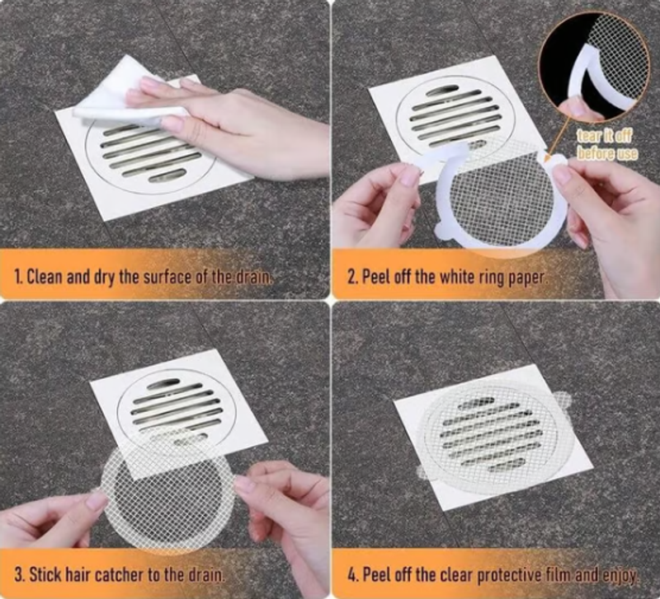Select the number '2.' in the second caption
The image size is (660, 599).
[353, 278]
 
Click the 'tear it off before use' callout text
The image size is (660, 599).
[606, 145]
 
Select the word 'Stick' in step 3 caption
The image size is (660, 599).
[45, 574]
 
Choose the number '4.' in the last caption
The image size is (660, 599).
[353, 574]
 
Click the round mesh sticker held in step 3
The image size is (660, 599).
[167, 488]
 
